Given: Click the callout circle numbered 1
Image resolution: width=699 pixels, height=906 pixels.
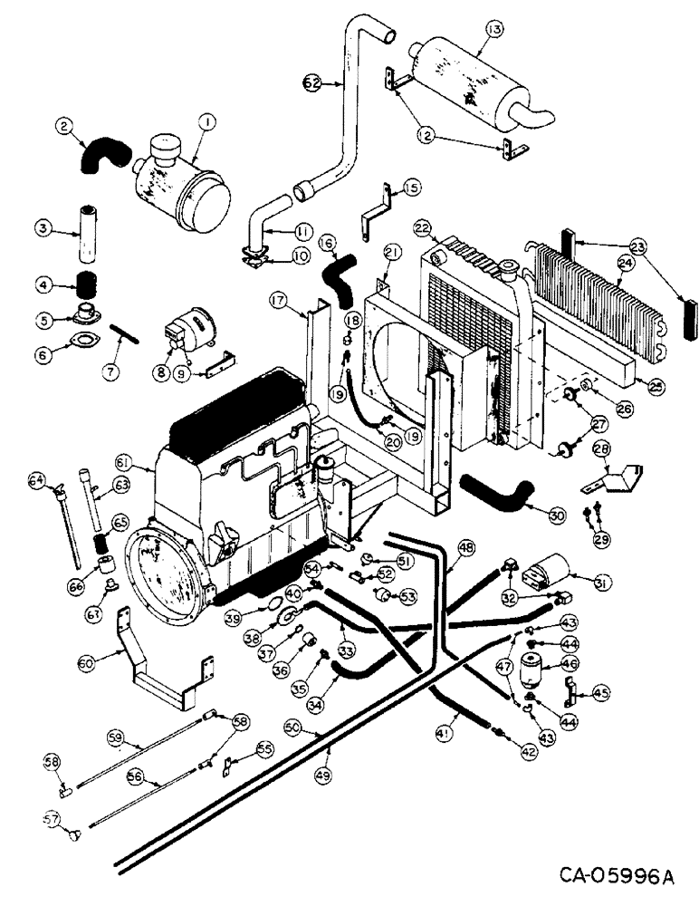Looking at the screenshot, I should [x=207, y=120].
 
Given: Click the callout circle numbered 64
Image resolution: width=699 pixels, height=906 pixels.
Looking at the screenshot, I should [x=35, y=478].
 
